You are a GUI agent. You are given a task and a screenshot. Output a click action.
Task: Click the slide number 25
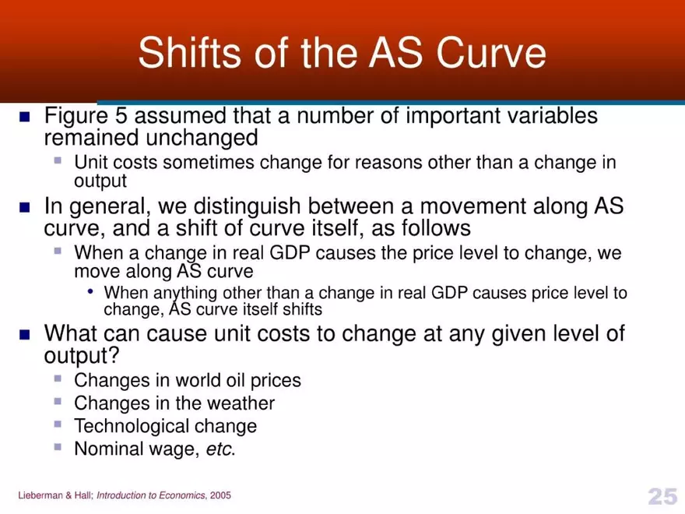(x=662, y=496)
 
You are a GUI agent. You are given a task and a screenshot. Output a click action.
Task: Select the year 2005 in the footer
(x=219, y=496)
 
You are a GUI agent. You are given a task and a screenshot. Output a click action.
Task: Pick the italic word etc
(x=220, y=449)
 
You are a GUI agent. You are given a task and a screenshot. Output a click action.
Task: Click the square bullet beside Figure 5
(x=24, y=117)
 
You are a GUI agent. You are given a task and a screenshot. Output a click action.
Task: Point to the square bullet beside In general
(x=24, y=208)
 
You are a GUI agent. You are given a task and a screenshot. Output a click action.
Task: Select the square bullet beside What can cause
(x=24, y=335)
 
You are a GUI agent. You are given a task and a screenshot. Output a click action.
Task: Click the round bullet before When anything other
(x=91, y=292)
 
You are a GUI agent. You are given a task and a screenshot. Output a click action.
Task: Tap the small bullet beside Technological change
(x=58, y=424)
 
